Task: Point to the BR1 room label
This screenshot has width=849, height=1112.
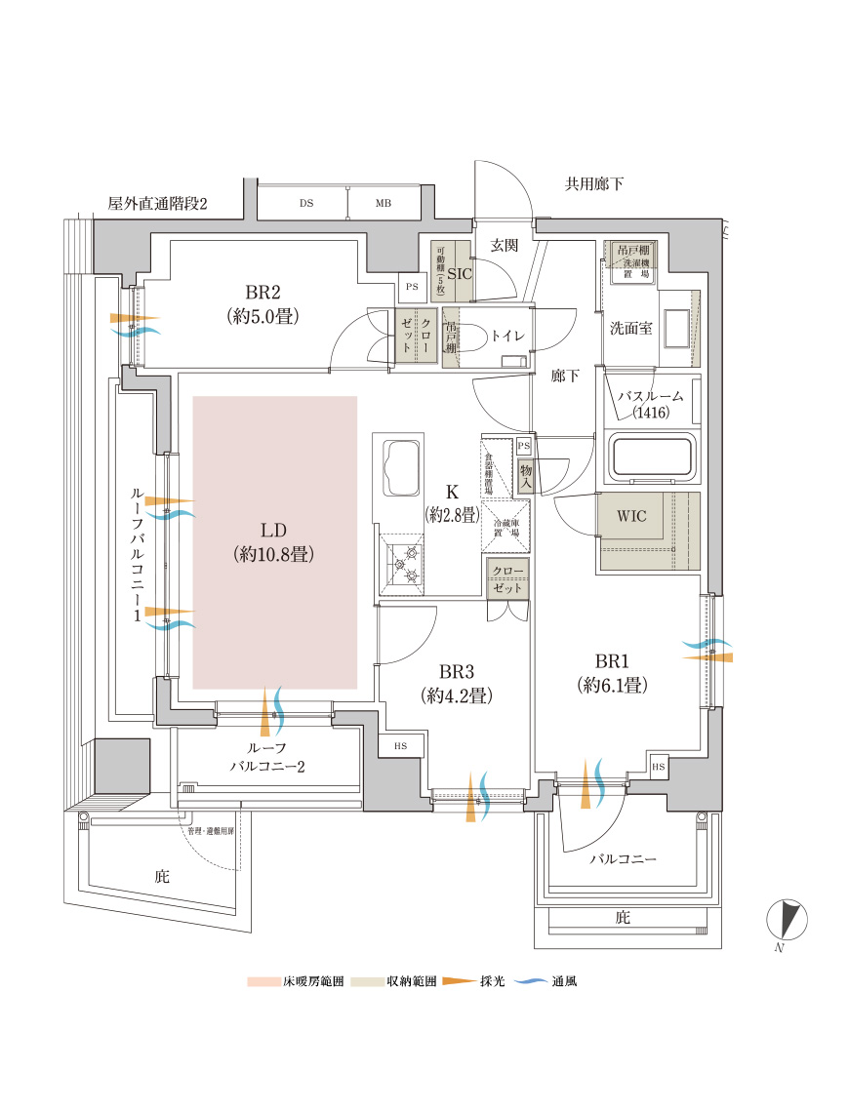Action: (x=613, y=659)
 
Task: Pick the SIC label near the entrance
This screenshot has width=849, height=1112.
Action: (x=459, y=274)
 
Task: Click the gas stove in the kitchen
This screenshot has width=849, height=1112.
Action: (x=404, y=565)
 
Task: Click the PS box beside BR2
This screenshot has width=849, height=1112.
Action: (x=411, y=287)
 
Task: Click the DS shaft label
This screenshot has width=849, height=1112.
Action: (x=306, y=204)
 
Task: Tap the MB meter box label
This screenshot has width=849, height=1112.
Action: (x=384, y=204)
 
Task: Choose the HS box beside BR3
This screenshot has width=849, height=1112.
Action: (x=401, y=746)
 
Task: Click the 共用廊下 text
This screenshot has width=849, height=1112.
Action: (x=594, y=183)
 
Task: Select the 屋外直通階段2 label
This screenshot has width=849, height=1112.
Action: (x=158, y=204)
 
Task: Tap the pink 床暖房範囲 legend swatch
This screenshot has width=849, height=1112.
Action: (x=263, y=980)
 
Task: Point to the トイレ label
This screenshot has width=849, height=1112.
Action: (x=507, y=336)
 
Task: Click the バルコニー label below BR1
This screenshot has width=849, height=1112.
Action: (x=623, y=859)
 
